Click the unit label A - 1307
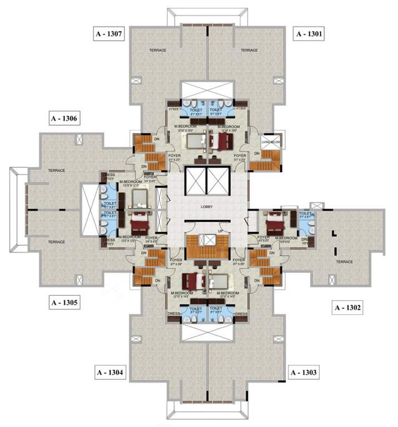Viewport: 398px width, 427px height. pyautogui.click(x=108, y=34)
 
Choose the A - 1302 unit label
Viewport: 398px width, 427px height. pyautogui.click(x=347, y=307)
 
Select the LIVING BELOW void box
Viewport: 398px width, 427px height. pyautogui.click(x=272, y=141)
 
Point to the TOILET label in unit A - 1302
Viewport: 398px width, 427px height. pyautogui.click(x=305, y=213)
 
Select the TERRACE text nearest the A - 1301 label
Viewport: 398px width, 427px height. pyautogui.click(x=248, y=51)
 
